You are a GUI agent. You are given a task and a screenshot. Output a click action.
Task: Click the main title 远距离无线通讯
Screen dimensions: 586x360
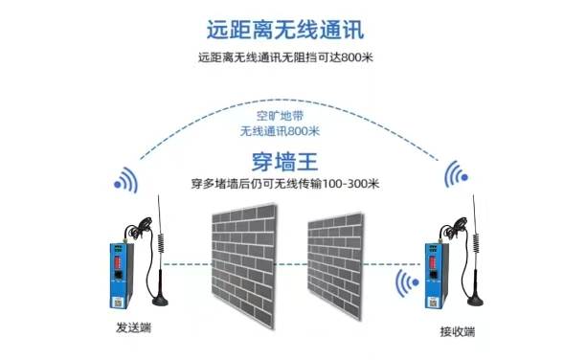coord(285,30)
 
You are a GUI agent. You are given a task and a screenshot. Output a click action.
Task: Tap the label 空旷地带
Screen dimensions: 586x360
coord(280,116)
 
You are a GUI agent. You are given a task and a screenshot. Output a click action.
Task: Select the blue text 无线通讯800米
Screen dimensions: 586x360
coord(280,131)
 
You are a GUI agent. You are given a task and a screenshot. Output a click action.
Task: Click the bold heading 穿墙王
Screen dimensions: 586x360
coord(284,162)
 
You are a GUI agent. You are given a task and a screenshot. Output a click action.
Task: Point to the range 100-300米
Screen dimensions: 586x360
coord(350,184)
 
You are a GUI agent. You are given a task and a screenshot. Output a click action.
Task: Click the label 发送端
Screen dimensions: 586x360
coord(133,327)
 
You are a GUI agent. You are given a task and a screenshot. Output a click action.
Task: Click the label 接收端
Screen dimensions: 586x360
coord(458,331)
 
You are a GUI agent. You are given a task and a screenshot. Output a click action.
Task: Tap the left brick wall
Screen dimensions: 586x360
coord(244,265)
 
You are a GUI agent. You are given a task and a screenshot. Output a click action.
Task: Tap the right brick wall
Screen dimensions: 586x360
coord(335,265)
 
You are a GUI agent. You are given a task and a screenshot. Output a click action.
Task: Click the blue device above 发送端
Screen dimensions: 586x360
coord(121,276)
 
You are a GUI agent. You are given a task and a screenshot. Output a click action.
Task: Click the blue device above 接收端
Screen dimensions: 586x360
coord(437,276)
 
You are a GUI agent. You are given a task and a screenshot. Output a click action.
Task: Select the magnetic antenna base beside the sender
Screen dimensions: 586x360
coord(160,301)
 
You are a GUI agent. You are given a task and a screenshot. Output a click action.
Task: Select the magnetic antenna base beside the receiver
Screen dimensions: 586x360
coord(475,301)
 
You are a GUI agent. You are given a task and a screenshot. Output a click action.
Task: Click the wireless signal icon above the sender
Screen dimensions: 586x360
coord(125,181)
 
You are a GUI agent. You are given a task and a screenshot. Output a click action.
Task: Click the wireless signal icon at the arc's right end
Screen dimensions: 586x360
coord(457,174)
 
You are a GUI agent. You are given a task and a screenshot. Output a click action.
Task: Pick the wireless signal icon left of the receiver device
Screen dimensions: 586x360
coord(407,283)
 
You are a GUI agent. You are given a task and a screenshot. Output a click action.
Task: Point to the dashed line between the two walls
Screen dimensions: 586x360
coord(293,264)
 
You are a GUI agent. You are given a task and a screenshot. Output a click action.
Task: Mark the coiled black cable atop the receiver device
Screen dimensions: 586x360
coord(453,227)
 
